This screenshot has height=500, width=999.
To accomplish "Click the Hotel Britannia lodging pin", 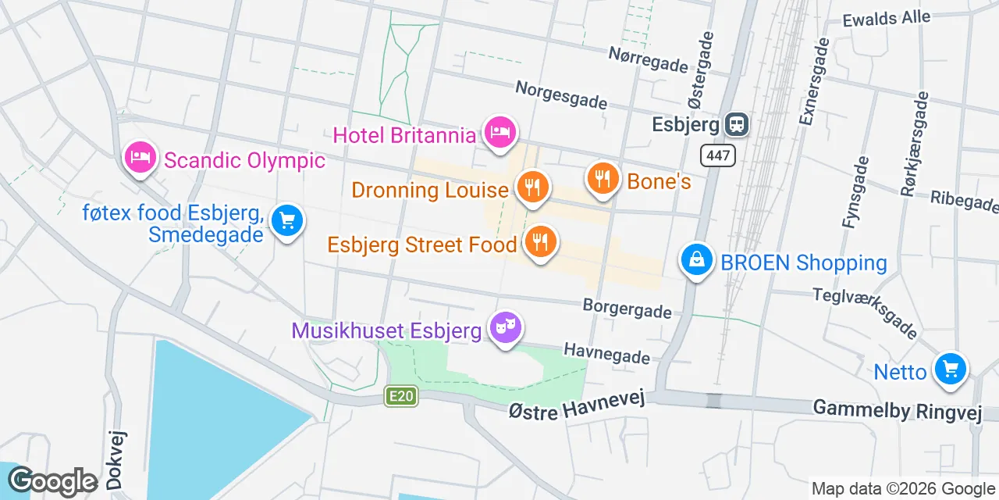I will [x=499, y=132].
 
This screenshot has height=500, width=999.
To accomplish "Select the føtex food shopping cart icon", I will [x=286, y=221].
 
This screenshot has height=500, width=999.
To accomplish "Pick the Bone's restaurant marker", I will [x=602, y=179].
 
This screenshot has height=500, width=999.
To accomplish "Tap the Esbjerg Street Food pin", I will [x=539, y=241].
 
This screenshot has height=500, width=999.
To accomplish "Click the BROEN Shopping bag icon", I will [x=696, y=260].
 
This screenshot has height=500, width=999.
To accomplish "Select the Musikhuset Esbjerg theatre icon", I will [x=504, y=328].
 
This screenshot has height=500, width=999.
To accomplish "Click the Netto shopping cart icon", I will [x=950, y=369].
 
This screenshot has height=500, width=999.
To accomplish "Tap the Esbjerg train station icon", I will [x=736, y=123].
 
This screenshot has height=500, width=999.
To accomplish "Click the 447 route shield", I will [x=717, y=155].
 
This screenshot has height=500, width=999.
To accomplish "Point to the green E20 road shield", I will [x=401, y=397].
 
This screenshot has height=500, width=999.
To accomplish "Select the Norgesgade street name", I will [x=561, y=94].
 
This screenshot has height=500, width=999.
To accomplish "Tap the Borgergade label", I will [x=627, y=308].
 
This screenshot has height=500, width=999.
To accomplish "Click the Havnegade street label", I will [x=606, y=352].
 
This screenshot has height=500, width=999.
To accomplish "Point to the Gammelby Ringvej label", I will [x=897, y=409].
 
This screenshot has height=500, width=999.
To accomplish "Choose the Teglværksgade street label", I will [x=865, y=312].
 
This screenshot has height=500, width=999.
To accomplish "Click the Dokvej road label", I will [x=116, y=460].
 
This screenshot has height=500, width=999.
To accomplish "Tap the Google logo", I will [x=53, y=481].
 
